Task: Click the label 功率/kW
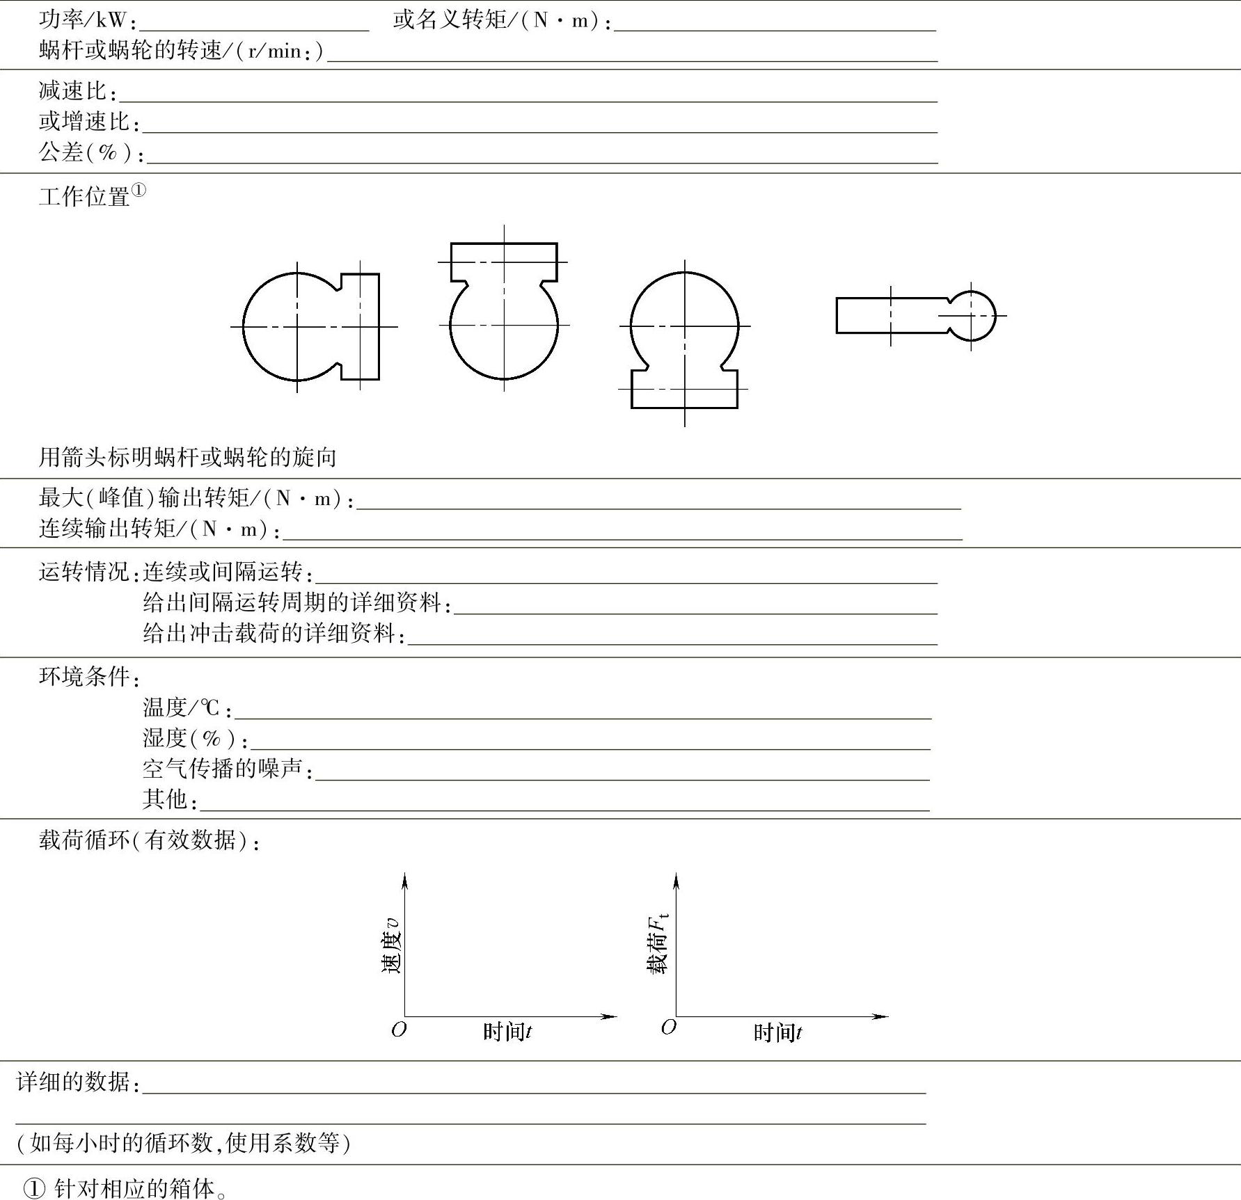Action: tap(86, 21)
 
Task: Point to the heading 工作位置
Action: tap(85, 197)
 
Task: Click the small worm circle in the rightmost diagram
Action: tap(971, 316)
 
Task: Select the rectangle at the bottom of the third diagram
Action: tap(684, 389)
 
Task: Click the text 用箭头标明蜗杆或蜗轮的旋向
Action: tap(188, 457)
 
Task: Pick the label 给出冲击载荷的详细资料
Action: tap(272, 633)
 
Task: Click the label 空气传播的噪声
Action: tap(226, 769)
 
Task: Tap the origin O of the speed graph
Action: tap(399, 1030)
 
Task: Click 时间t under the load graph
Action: tap(777, 1032)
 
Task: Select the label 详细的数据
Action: tap(77, 1082)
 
